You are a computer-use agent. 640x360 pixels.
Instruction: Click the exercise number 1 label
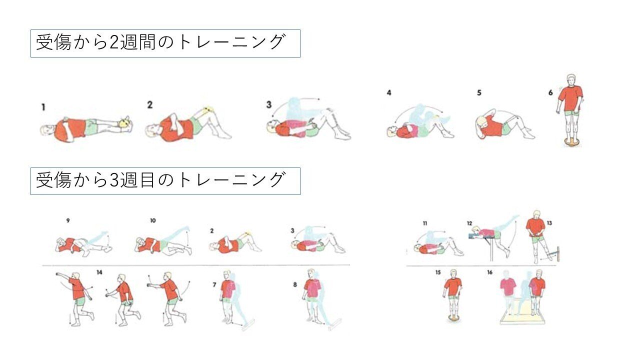[43, 107]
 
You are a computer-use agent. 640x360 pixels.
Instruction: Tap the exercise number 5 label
[479, 92]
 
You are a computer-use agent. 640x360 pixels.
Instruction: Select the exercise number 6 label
[550, 92]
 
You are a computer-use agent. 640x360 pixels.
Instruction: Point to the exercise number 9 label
[67, 220]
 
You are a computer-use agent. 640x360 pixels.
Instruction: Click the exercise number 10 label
[153, 220]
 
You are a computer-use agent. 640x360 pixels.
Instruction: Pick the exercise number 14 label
[99, 272]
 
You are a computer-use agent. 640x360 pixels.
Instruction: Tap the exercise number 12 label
[469, 223]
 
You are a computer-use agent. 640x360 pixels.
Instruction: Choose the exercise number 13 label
[549, 223]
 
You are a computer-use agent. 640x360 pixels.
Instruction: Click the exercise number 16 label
[489, 272]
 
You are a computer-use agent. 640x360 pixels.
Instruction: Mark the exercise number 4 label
[389, 92]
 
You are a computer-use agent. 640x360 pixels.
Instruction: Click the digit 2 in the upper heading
[113, 43]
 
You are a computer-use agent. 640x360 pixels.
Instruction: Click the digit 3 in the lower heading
[113, 180]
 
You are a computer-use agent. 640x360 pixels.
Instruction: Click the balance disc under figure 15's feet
[453, 318]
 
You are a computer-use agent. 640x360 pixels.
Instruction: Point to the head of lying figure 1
[46, 130]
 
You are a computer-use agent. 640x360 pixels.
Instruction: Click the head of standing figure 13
[536, 215]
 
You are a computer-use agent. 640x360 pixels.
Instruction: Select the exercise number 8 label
[295, 284]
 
